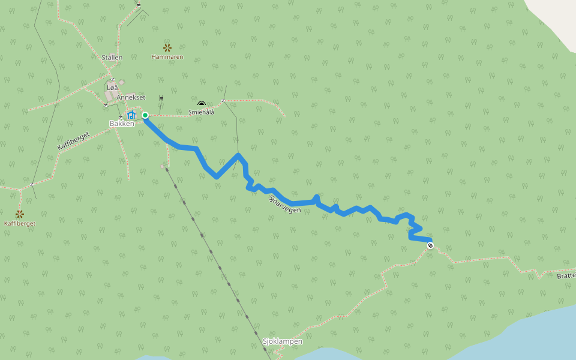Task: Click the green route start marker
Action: (x=145, y=115)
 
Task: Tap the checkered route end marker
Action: (x=430, y=245)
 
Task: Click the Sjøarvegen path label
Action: (x=285, y=204)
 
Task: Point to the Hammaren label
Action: (x=167, y=57)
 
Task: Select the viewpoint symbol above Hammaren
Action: (x=167, y=47)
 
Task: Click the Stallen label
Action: (x=112, y=58)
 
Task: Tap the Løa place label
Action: (x=112, y=88)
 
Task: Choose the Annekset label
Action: (x=131, y=97)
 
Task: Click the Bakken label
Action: (x=122, y=124)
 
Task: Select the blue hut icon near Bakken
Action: (x=131, y=114)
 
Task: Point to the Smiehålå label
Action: (x=201, y=112)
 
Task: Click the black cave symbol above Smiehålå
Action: (x=201, y=104)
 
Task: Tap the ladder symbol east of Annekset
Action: (x=161, y=98)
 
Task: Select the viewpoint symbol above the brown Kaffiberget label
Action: (x=20, y=214)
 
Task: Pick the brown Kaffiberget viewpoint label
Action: (x=20, y=223)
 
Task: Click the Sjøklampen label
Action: (x=283, y=341)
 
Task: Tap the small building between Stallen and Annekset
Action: (x=121, y=82)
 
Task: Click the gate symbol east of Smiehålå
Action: (x=223, y=100)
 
